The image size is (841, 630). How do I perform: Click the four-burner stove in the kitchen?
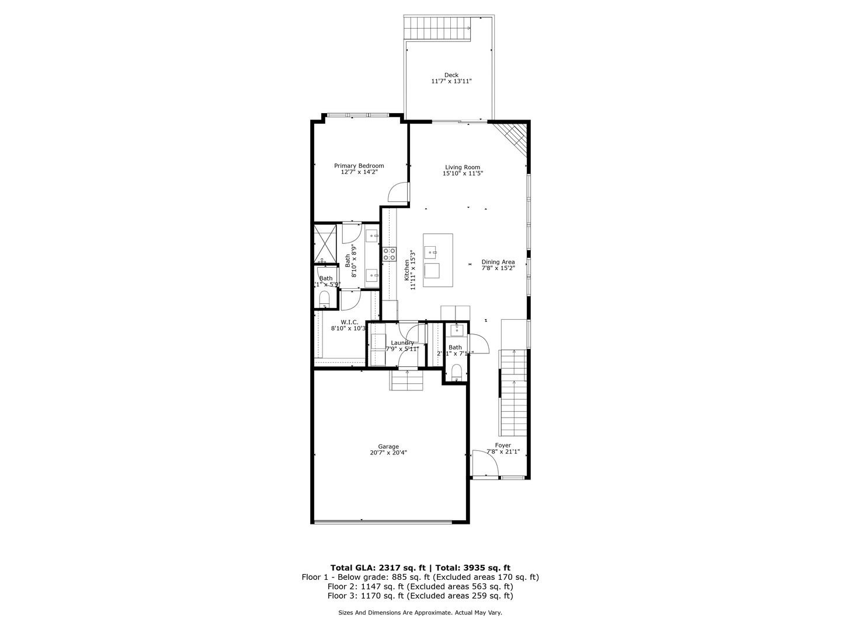click(389, 254)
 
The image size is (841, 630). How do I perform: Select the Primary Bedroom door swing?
click(399, 193)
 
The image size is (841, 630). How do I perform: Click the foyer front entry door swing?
click(485, 464)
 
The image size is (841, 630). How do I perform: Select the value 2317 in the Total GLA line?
click(391, 568)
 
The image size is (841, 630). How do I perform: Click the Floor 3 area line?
click(420, 596)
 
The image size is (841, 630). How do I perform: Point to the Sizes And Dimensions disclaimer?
click(420, 612)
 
